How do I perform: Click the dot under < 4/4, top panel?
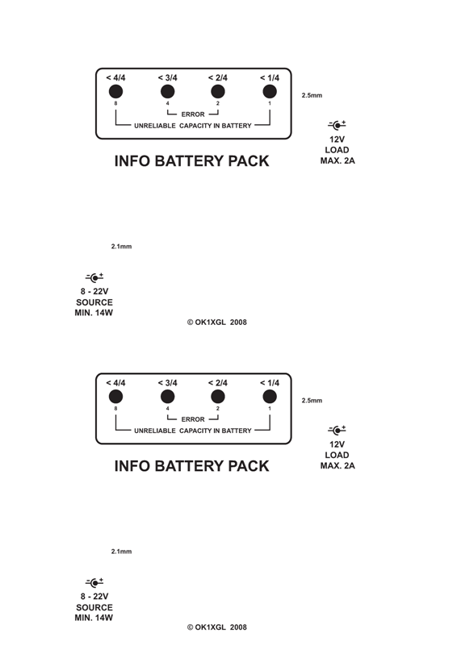point(115,91)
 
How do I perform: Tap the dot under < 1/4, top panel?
point(270,91)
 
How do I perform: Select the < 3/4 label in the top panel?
point(167,77)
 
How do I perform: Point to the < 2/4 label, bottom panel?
point(218,383)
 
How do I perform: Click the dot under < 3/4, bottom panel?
point(168,397)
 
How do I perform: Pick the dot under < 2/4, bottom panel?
point(218,397)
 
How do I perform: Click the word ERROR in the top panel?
point(193,114)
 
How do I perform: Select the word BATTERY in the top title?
point(191,160)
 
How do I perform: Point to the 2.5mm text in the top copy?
point(312,95)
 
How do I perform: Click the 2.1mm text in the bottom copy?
point(121,552)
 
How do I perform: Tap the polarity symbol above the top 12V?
point(337,125)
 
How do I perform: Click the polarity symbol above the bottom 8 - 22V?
point(94,583)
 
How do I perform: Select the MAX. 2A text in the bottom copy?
point(338,466)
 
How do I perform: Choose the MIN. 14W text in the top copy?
point(94,313)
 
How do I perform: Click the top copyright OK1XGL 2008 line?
point(217,323)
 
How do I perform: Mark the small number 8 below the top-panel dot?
point(115,103)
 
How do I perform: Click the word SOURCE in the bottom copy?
point(94,607)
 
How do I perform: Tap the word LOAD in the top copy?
point(337,150)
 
